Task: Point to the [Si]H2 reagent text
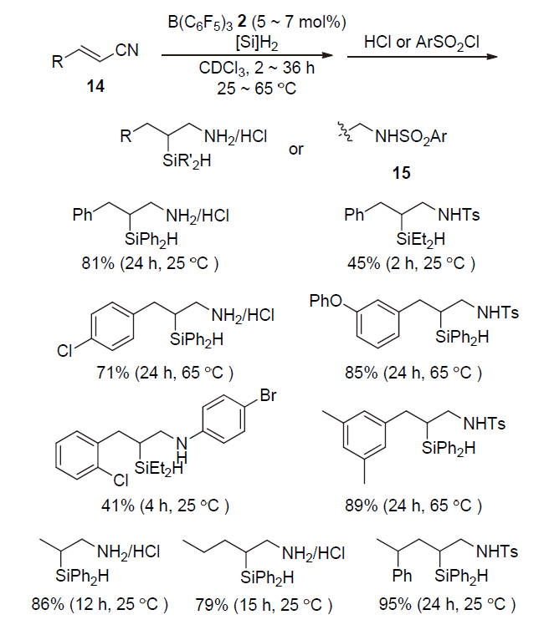235,35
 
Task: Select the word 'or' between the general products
296,150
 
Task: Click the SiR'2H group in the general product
187,162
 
